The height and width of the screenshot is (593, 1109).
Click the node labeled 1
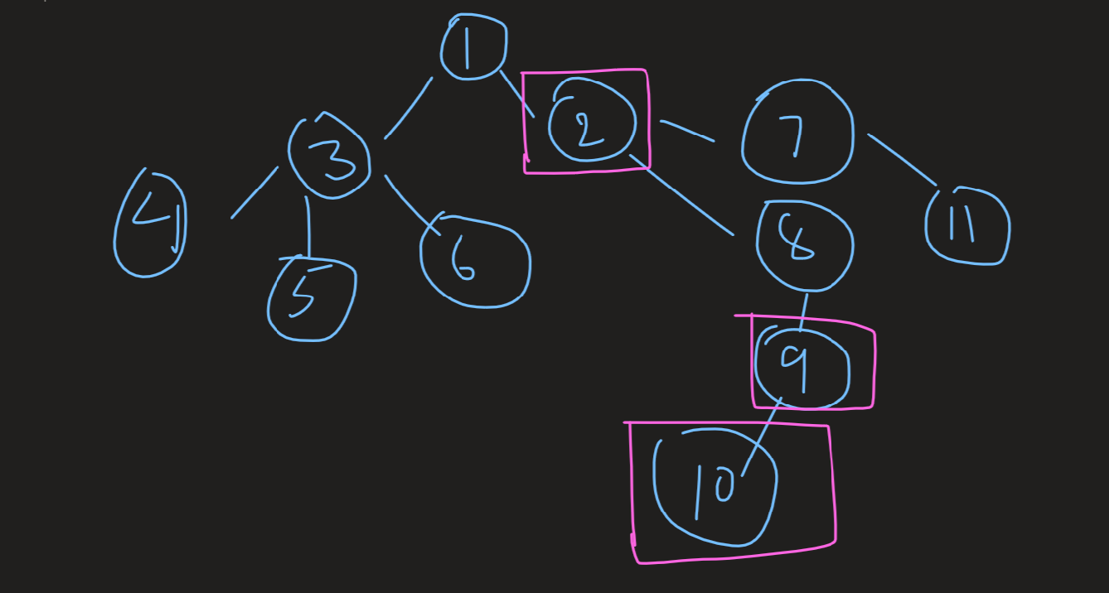[472, 47]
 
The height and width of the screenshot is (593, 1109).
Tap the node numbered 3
[329, 157]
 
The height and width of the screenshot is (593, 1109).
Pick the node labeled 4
[150, 224]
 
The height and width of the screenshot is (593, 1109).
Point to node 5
[311, 298]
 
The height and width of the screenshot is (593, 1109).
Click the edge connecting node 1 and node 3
[409, 108]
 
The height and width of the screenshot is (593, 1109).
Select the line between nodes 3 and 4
[254, 193]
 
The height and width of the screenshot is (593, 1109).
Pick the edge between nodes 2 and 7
[687, 132]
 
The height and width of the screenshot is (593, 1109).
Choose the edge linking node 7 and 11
[901, 158]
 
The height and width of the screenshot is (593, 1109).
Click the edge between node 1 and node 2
[516, 94]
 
